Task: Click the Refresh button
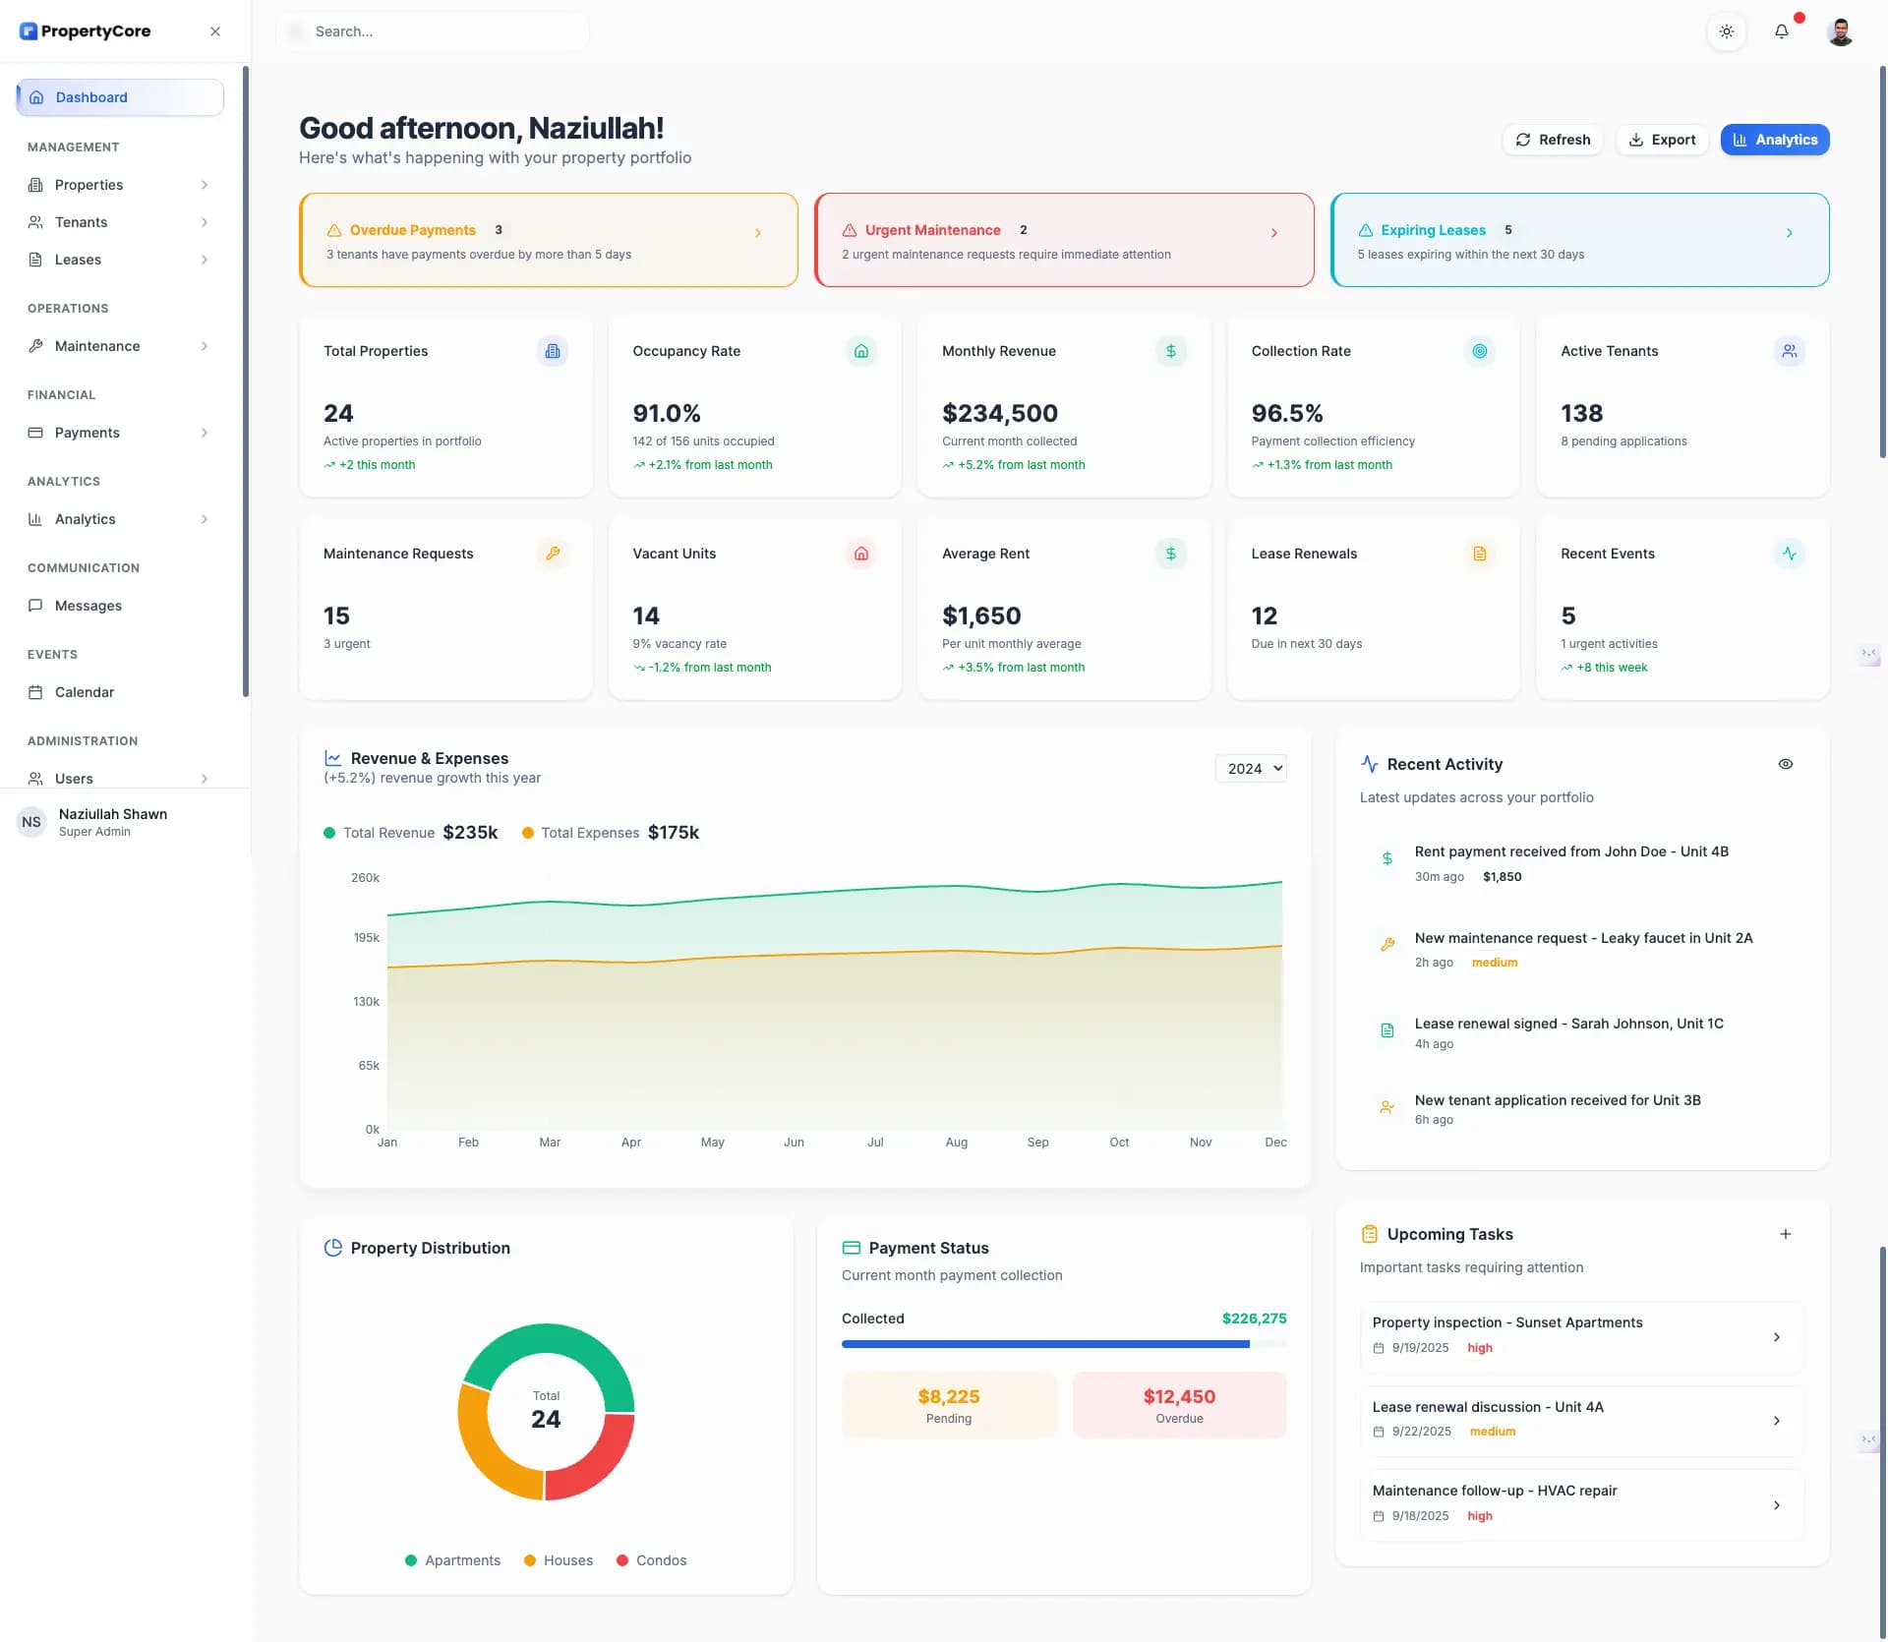(x=1553, y=140)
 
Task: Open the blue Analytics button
(x=1774, y=140)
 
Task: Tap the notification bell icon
(x=1781, y=31)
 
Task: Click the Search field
(x=433, y=31)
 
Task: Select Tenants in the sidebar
(x=82, y=222)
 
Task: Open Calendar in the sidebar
(x=85, y=692)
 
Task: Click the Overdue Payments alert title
(x=412, y=230)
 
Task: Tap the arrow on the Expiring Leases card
(x=1789, y=233)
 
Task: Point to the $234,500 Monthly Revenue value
(x=999, y=413)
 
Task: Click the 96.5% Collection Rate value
(x=1286, y=413)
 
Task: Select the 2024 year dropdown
(x=1251, y=769)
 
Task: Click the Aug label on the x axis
(x=956, y=1143)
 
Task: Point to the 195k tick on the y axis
(x=366, y=938)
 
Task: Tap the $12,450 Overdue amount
(x=1178, y=1397)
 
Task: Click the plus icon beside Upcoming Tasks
(x=1785, y=1234)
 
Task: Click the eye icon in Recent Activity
(x=1785, y=764)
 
